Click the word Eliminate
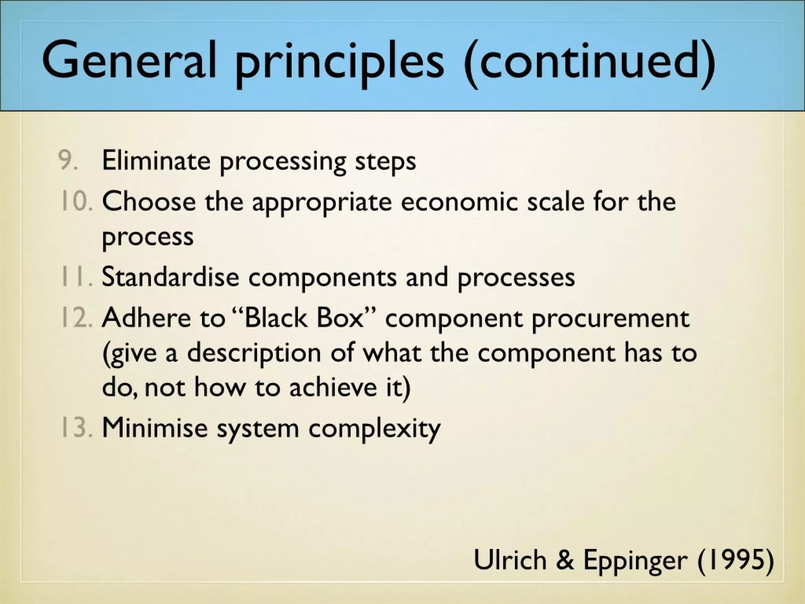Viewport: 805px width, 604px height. [x=156, y=160]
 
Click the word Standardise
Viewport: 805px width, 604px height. [x=170, y=276]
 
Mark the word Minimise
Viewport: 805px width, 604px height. [x=154, y=427]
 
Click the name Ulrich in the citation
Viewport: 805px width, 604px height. [x=510, y=560]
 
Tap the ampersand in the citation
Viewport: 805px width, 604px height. [x=565, y=560]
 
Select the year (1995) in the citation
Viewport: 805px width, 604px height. [x=735, y=560]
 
